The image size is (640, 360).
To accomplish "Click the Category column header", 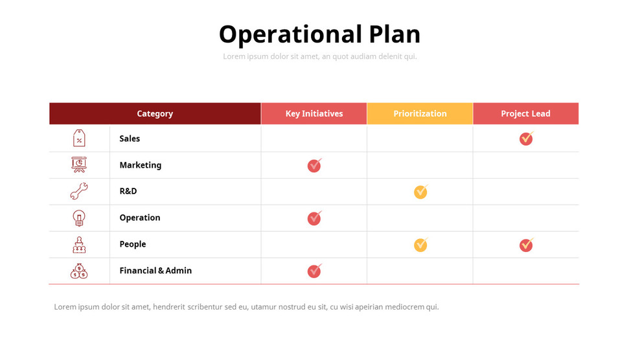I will pyautogui.click(x=155, y=113).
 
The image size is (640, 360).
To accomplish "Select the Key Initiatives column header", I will pyautogui.click(x=314, y=113).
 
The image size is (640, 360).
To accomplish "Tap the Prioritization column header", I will pyautogui.click(x=420, y=113).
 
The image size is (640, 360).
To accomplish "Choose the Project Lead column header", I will pyautogui.click(x=525, y=113).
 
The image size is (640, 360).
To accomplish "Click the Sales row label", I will pyautogui.click(x=130, y=139).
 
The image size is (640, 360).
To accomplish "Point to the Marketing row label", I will pyautogui.click(x=140, y=165).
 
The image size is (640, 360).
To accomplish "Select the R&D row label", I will pyautogui.click(x=128, y=191).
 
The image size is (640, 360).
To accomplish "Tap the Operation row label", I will pyautogui.click(x=139, y=218).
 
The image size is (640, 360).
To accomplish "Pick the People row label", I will pyautogui.click(x=132, y=244).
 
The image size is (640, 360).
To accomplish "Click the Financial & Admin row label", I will pyautogui.click(x=155, y=271).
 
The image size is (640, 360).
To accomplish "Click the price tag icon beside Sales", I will pyautogui.click(x=79, y=138).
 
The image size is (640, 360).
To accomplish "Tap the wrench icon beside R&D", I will pyautogui.click(x=79, y=191).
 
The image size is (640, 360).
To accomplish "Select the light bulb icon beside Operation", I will pyautogui.click(x=79, y=218).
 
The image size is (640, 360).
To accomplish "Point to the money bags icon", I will pyautogui.click(x=79, y=271).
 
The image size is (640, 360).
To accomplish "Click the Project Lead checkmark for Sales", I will pyautogui.click(x=526, y=139).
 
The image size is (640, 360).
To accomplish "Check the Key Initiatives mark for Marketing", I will pyautogui.click(x=314, y=166).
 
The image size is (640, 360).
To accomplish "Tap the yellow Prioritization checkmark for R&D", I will pyautogui.click(x=420, y=192).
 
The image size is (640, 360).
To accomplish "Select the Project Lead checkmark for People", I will pyautogui.click(x=526, y=245).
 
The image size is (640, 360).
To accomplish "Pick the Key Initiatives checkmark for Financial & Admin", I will pyautogui.click(x=314, y=271).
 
